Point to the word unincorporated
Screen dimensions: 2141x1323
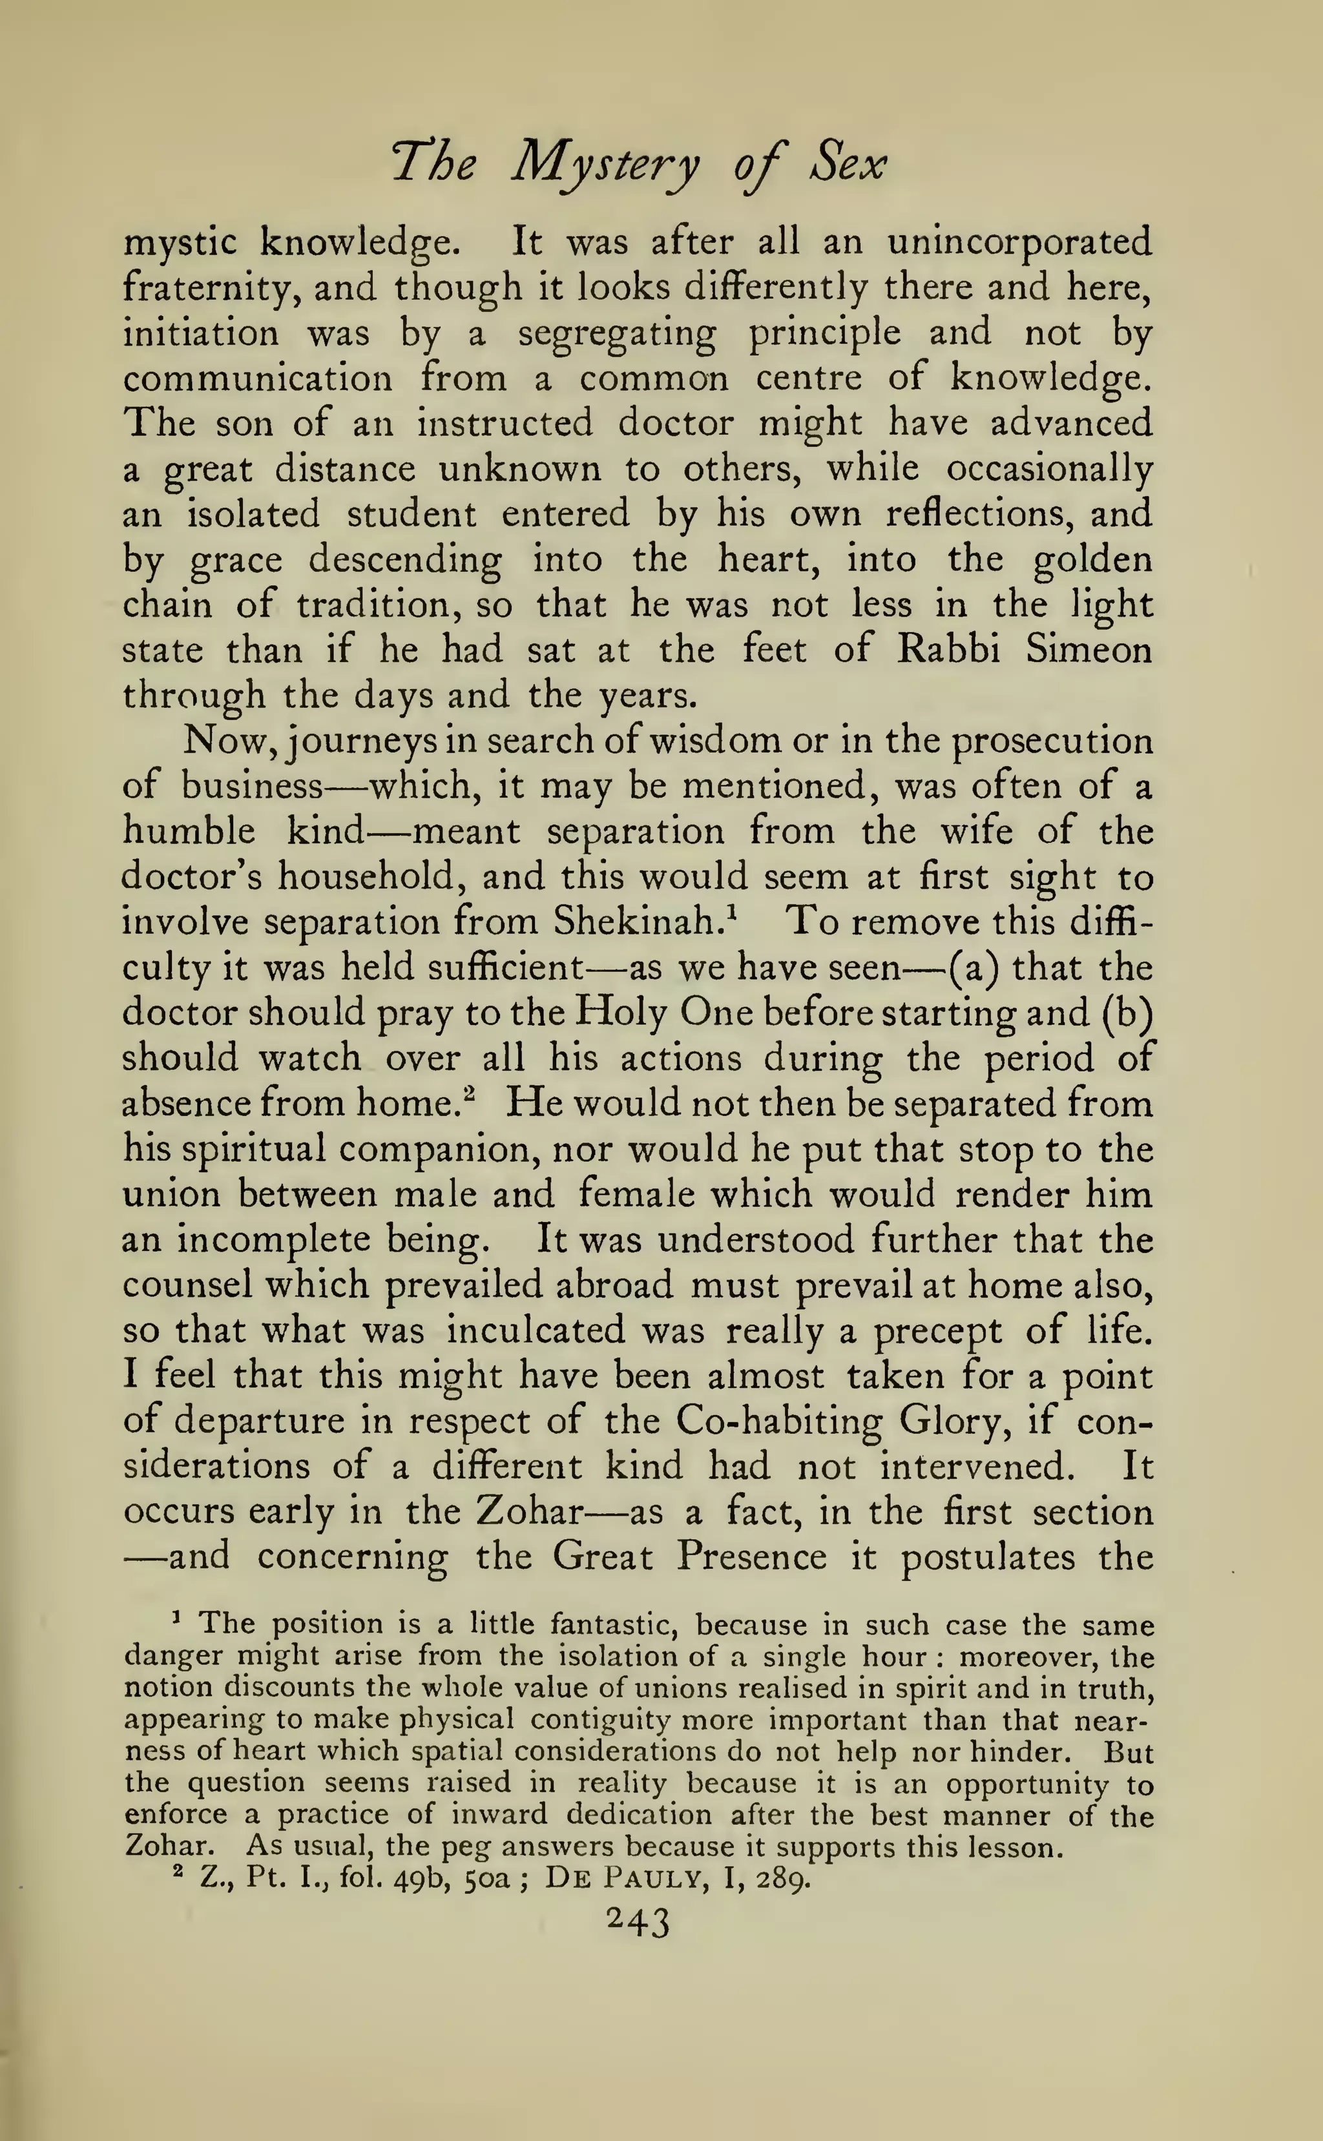(x=1020, y=242)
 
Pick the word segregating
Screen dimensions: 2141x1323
(x=617, y=333)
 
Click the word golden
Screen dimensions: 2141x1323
(x=1093, y=560)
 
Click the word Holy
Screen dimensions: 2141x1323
(x=620, y=1013)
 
